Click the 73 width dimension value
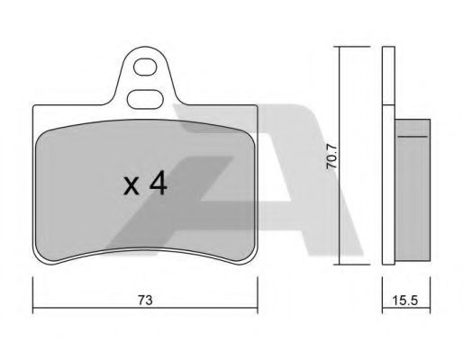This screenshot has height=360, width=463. coord(145,300)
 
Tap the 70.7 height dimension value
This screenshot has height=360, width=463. coord(331,157)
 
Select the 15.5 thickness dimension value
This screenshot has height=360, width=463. coord(405,300)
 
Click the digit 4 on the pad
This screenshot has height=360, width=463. coord(159,183)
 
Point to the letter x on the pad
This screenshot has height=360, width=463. coord(132,186)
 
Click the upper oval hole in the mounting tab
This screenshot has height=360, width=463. coord(145,67)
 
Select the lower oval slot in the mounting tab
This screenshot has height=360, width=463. coord(145,99)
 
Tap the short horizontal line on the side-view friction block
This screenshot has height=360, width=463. coord(413,136)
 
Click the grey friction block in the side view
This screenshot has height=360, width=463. coord(413,190)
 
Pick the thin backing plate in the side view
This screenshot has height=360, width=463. coord(388,156)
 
